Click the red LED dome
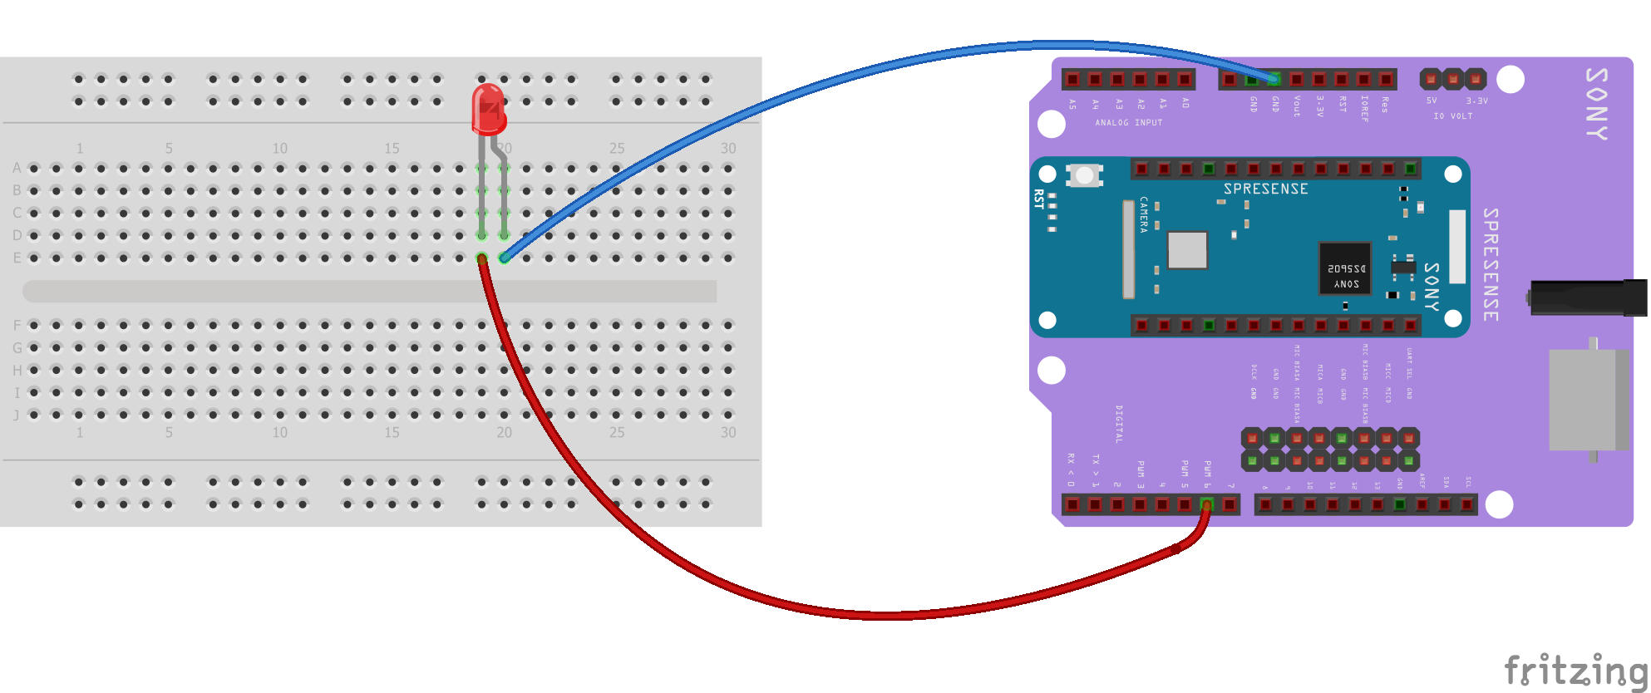[489, 108]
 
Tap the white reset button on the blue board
[1084, 175]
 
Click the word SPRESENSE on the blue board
[1265, 189]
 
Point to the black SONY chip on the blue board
[1345, 268]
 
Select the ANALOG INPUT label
[1128, 123]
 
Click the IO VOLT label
[1452, 116]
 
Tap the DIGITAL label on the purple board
[1119, 424]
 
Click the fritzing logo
[1575, 670]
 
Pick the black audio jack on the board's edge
[1588, 297]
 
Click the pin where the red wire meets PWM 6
[1207, 504]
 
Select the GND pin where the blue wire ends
[1274, 80]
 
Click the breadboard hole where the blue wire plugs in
[504, 258]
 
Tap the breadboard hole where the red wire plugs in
[481, 258]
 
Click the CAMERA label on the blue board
[1144, 214]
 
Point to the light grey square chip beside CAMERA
[1187, 250]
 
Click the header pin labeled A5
[1072, 80]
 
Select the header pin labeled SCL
[1467, 504]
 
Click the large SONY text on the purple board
[1597, 104]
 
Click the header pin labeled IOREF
[1363, 80]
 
